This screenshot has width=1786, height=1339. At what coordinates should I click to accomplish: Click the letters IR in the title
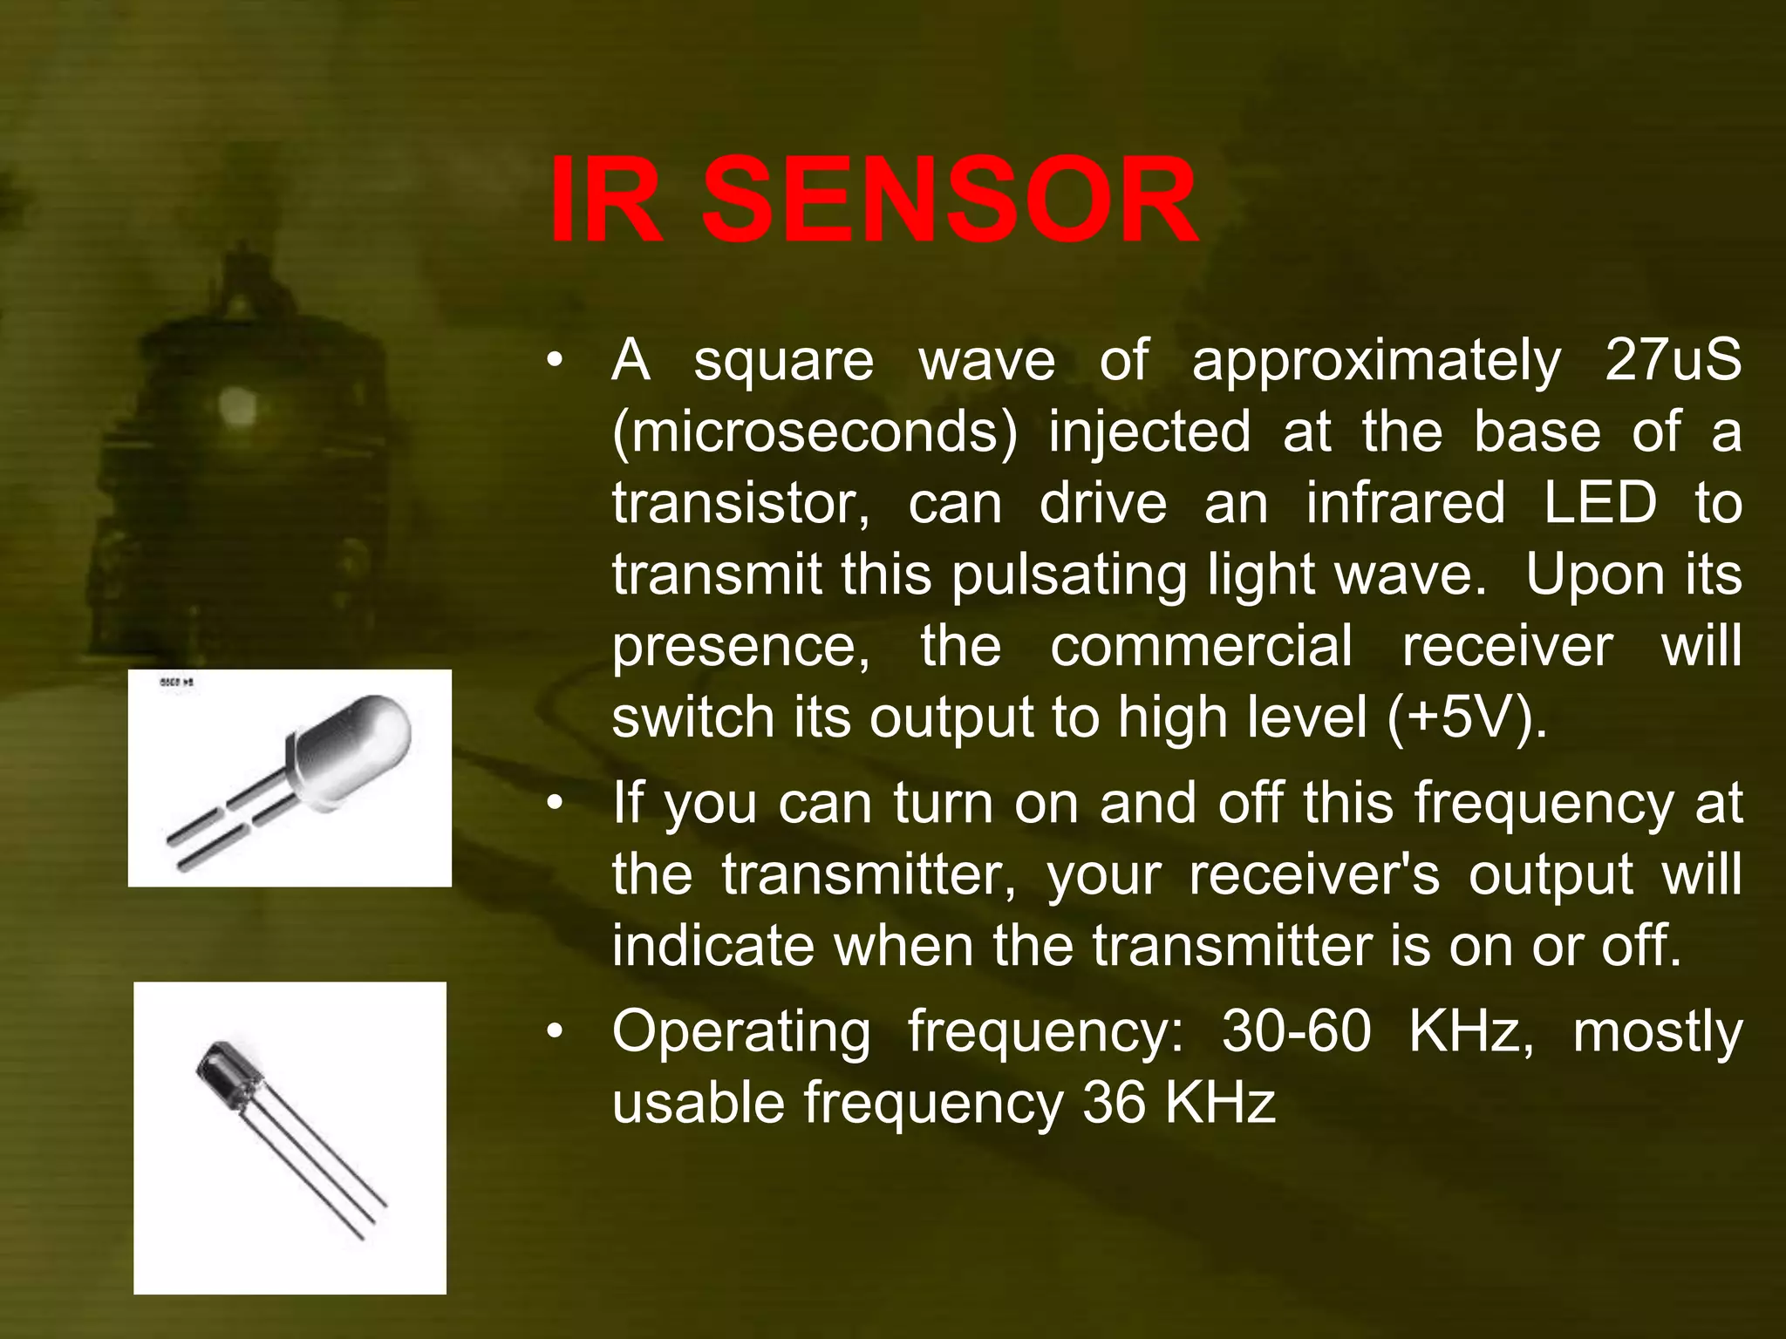pyautogui.click(x=607, y=201)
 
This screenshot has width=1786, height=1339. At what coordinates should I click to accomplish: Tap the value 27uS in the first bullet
pyautogui.click(x=1673, y=360)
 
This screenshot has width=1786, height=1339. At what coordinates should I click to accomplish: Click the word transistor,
pyautogui.click(x=740, y=503)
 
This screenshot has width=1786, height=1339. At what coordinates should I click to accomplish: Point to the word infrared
pyautogui.click(x=1405, y=503)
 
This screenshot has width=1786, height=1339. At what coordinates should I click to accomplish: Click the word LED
pyautogui.click(x=1599, y=503)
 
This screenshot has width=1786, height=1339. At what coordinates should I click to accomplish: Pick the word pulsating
pyautogui.click(x=1069, y=575)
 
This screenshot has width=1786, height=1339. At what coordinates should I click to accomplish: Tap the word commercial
pyautogui.click(x=1201, y=646)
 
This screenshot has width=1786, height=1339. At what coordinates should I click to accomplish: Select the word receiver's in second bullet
pyautogui.click(x=1313, y=874)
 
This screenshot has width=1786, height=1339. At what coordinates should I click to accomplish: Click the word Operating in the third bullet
pyautogui.click(x=741, y=1032)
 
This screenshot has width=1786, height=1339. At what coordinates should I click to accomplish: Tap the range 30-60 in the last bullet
pyautogui.click(x=1296, y=1032)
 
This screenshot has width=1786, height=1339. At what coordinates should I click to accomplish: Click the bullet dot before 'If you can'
pyautogui.click(x=555, y=804)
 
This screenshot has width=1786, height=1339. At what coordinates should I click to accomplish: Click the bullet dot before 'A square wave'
pyautogui.click(x=555, y=361)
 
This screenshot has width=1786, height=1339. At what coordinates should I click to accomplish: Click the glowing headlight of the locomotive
pyautogui.click(x=235, y=406)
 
